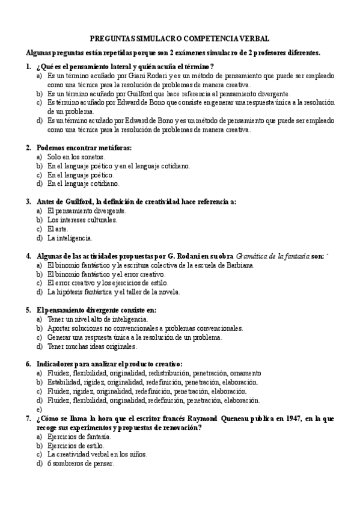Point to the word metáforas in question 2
[x=113, y=147]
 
